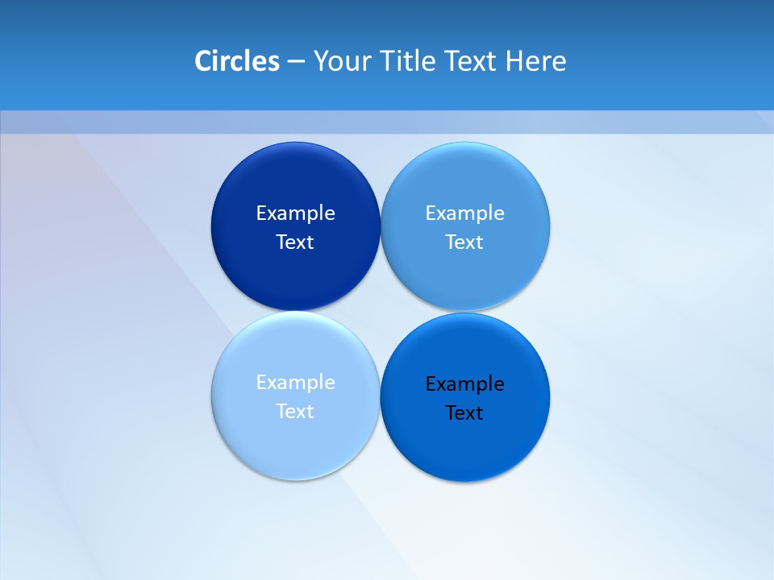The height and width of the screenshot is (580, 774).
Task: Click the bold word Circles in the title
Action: click(x=237, y=61)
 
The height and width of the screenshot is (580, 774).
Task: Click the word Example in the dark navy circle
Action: click(x=295, y=213)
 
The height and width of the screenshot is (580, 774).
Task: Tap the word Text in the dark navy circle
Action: click(x=295, y=242)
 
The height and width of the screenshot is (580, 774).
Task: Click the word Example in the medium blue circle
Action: click(x=464, y=213)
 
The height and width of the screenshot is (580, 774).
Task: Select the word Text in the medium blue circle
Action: click(x=464, y=242)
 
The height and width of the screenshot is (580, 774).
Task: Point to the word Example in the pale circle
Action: click(x=295, y=383)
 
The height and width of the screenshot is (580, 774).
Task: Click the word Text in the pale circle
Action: click(x=295, y=412)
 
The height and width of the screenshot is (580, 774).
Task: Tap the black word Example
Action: click(x=464, y=384)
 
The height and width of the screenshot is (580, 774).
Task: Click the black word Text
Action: click(x=464, y=413)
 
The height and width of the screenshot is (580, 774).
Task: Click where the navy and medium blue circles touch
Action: click(x=381, y=226)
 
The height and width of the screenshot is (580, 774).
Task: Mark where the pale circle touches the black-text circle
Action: click(x=380, y=396)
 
